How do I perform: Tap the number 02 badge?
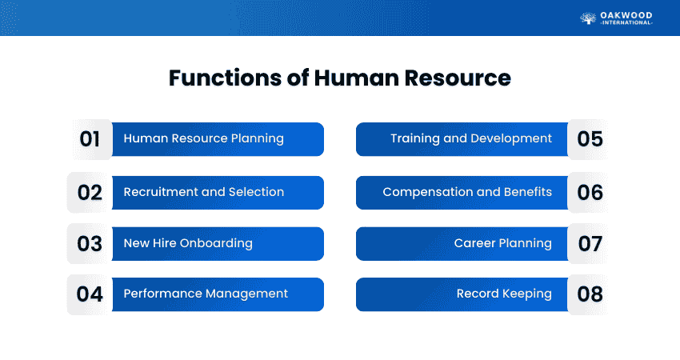90,193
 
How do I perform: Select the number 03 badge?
90,244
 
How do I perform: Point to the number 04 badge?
90,294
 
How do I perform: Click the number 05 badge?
588,139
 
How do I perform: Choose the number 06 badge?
588,193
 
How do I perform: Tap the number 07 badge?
588,244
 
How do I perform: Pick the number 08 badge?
588,294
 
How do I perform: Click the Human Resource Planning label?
203,138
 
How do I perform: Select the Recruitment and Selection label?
204,192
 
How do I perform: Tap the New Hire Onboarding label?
188,243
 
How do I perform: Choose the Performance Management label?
206,294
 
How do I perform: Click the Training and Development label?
471,138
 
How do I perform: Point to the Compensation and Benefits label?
467,192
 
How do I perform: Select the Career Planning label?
503,243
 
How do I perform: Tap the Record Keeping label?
504,294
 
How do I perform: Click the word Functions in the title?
225,78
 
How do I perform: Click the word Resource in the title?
458,78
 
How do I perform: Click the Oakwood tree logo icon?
588,18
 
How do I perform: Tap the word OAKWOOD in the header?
626,16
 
